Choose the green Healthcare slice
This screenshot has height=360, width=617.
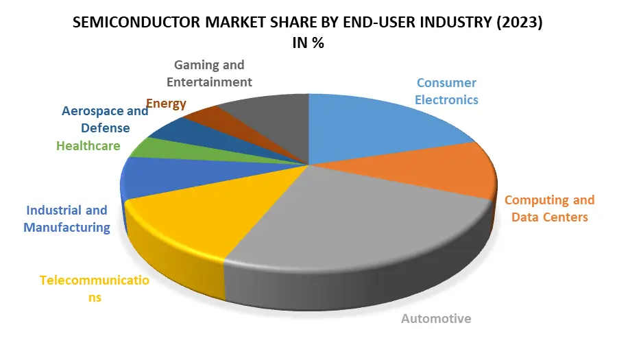(147, 147)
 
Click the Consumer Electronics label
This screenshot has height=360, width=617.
(447, 91)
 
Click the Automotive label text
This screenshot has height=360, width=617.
(436, 318)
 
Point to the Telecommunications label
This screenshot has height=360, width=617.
(93, 289)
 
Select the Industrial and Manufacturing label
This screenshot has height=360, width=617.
(66, 219)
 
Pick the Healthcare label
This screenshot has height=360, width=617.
(88, 146)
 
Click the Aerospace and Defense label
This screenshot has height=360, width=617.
(105, 119)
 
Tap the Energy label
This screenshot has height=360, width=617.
(166, 104)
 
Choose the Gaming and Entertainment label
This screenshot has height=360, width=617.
(213, 73)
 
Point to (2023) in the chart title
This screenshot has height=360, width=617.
(520, 23)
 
